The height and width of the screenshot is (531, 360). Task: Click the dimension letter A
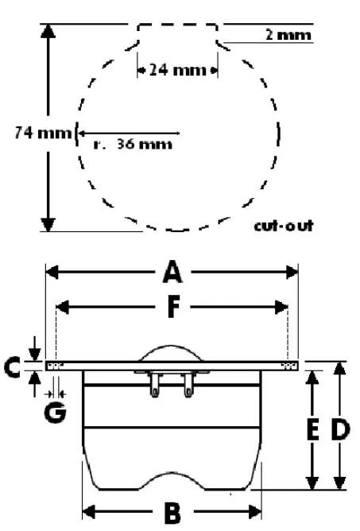[x=172, y=272]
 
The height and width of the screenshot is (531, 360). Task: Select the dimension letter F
[x=173, y=307]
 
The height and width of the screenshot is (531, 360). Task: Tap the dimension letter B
[x=172, y=513]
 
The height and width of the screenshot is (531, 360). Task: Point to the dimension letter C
[x=12, y=366]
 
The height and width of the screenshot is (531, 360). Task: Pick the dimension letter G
[x=55, y=413]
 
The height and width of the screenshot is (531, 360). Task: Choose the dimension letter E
[x=312, y=429]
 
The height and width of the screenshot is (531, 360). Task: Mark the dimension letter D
[x=339, y=429]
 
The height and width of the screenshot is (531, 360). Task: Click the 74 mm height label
[x=43, y=133]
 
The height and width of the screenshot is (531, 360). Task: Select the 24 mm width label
[x=177, y=70]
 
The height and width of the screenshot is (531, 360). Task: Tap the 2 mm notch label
[x=288, y=35]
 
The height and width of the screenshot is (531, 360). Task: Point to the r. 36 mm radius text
[x=133, y=144]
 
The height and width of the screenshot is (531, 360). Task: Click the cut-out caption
[x=284, y=225]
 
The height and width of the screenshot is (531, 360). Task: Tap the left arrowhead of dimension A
[x=52, y=272]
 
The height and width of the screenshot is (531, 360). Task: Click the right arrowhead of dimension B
[x=254, y=512]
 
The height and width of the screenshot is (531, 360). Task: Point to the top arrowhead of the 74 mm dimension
[x=48, y=31]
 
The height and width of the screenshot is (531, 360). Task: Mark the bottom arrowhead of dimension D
[x=339, y=483]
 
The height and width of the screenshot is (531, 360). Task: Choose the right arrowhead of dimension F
[x=281, y=307]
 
